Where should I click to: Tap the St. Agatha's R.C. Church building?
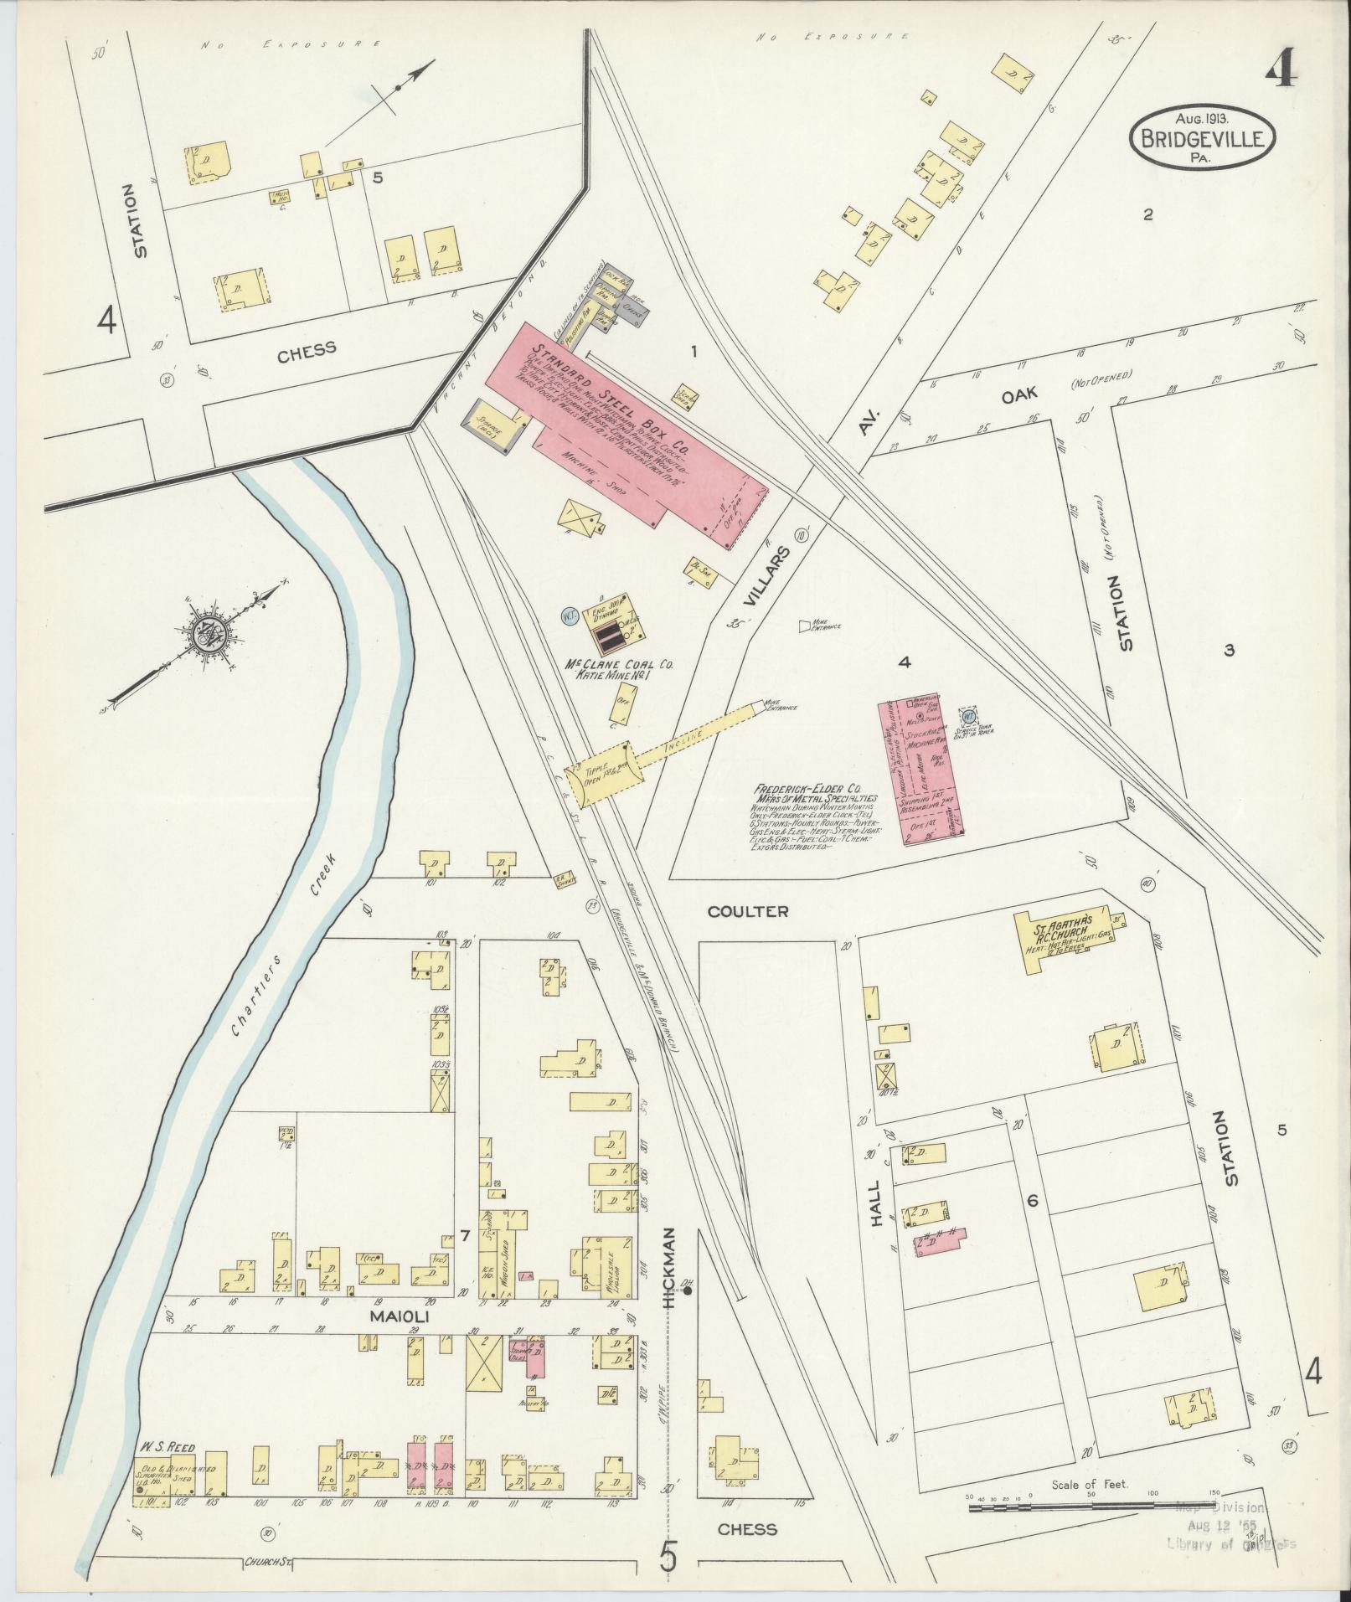[1064, 935]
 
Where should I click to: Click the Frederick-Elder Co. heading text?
[808, 789]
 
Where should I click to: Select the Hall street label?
[877, 1206]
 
